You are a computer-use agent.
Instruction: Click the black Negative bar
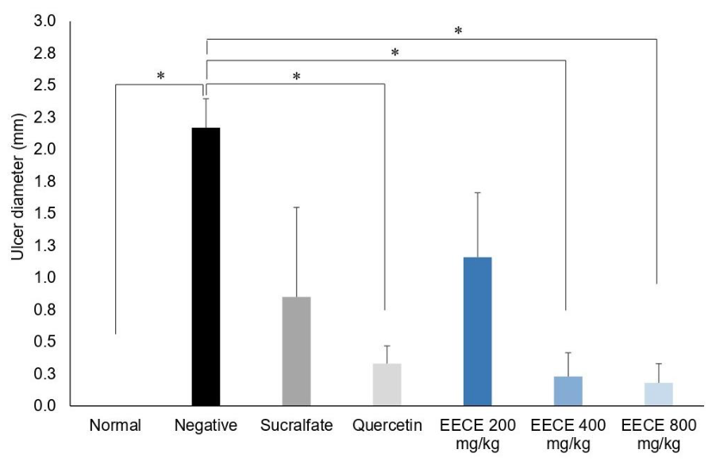pyautogui.click(x=206, y=266)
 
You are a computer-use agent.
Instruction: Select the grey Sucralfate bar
pyautogui.click(x=297, y=351)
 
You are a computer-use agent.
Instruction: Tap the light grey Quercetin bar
pyautogui.click(x=387, y=385)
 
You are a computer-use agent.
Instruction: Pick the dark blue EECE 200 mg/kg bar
pyautogui.click(x=478, y=331)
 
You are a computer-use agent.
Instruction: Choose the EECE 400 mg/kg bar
pyautogui.click(x=568, y=391)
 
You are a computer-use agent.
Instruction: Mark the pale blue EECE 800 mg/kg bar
pyautogui.click(x=658, y=394)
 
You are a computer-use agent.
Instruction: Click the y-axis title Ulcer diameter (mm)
pyautogui.click(x=17, y=187)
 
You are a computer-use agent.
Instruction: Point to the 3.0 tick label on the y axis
pyautogui.click(x=44, y=21)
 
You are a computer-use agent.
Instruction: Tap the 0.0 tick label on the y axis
pyautogui.click(x=44, y=405)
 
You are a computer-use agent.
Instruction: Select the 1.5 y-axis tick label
pyautogui.click(x=44, y=213)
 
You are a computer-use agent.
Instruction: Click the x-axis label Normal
pyautogui.click(x=115, y=425)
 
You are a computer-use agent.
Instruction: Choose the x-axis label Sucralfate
pyautogui.click(x=297, y=425)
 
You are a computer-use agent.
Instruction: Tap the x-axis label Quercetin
pyautogui.click(x=387, y=425)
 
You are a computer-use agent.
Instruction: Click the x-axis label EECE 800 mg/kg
pyautogui.click(x=658, y=434)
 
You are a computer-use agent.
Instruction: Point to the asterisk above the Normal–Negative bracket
pyautogui.click(x=161, y=76)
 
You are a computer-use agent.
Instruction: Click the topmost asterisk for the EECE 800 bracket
pyautogui.click(x=458, y=31)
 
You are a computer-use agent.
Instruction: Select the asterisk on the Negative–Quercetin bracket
pyautogui.click(x=297, y=77)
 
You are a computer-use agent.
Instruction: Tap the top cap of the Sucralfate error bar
pyautogui.click(x=297, y=207)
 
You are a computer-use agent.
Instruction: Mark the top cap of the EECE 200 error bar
pyautogui.click(x=478, y=192)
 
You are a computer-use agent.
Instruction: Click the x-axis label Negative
pyautogui.click(x=206, y=425)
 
